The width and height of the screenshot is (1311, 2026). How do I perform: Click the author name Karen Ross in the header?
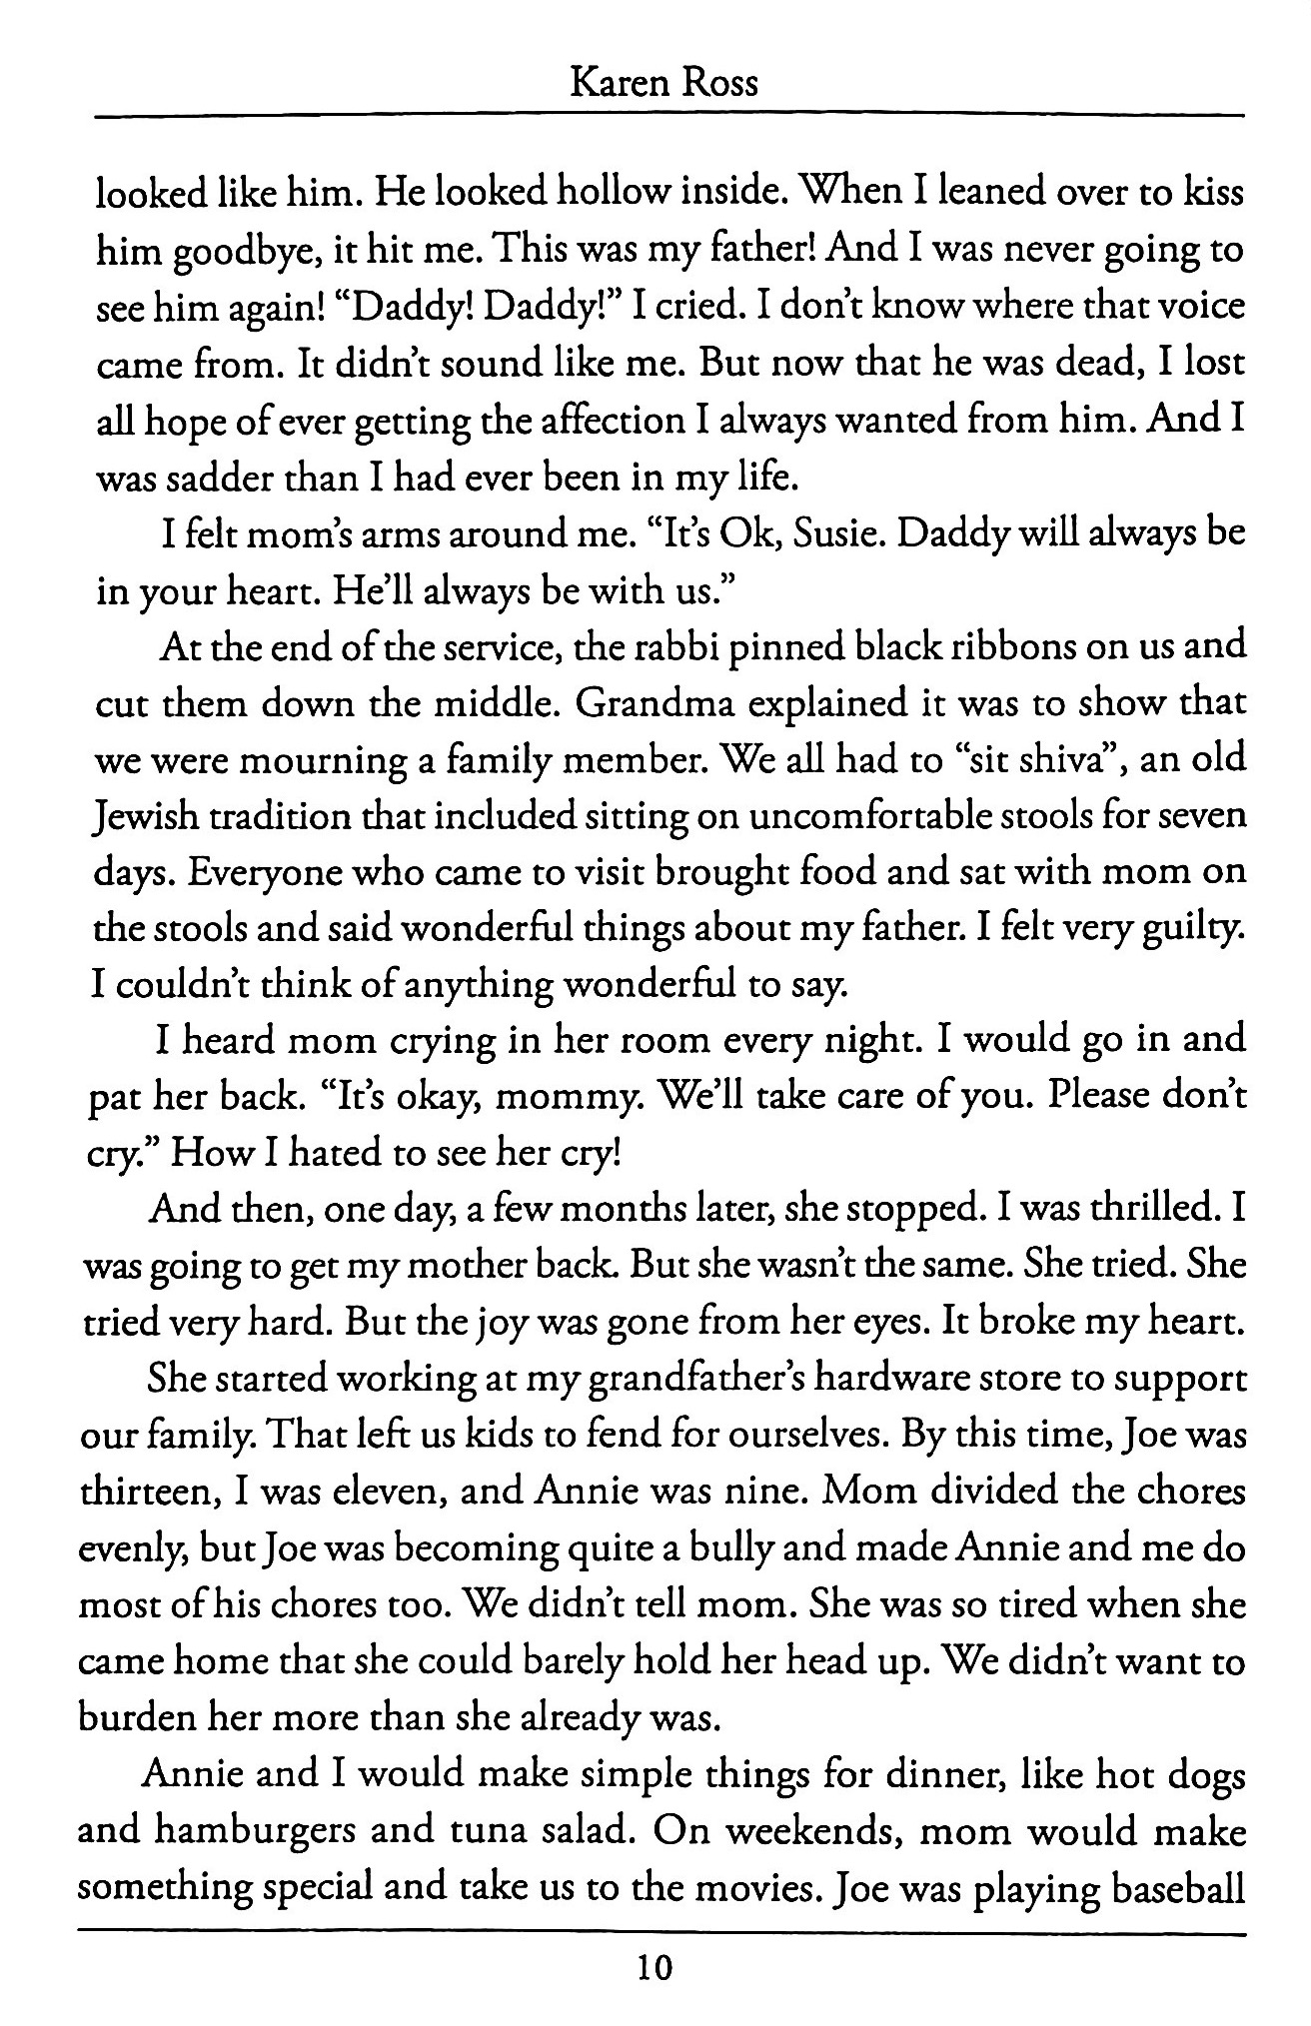(x=662, y=80)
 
